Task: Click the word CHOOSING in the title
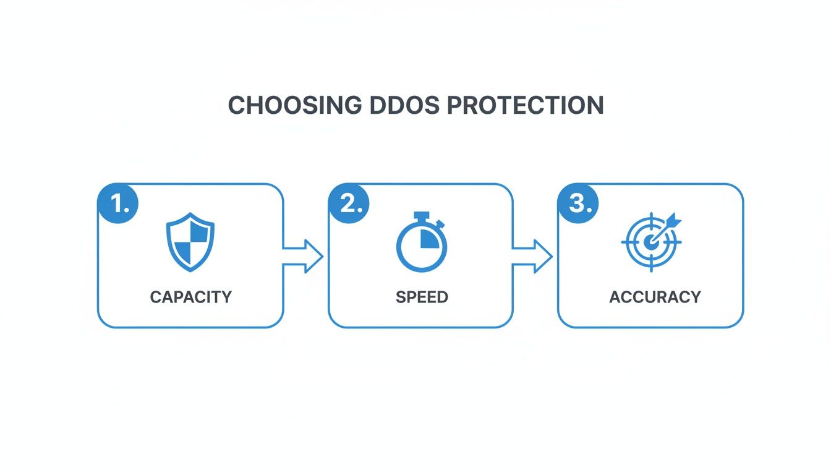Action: [x=295, y=106]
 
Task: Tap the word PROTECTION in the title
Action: [x=524, y=106]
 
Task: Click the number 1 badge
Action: [x=118, y=204]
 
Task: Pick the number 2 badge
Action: [x=349, y=204]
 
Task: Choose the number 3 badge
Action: [x=579, y=204]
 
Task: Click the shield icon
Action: [x=190, y=242]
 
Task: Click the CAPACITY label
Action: [x=190, y=297]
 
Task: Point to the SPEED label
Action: [x=422, y=297]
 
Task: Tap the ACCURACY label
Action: [x=655, y=297]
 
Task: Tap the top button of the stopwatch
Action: [x=422, y=216]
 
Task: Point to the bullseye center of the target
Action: [x=649, y=242]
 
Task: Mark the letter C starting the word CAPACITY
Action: [x=155, y=297]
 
